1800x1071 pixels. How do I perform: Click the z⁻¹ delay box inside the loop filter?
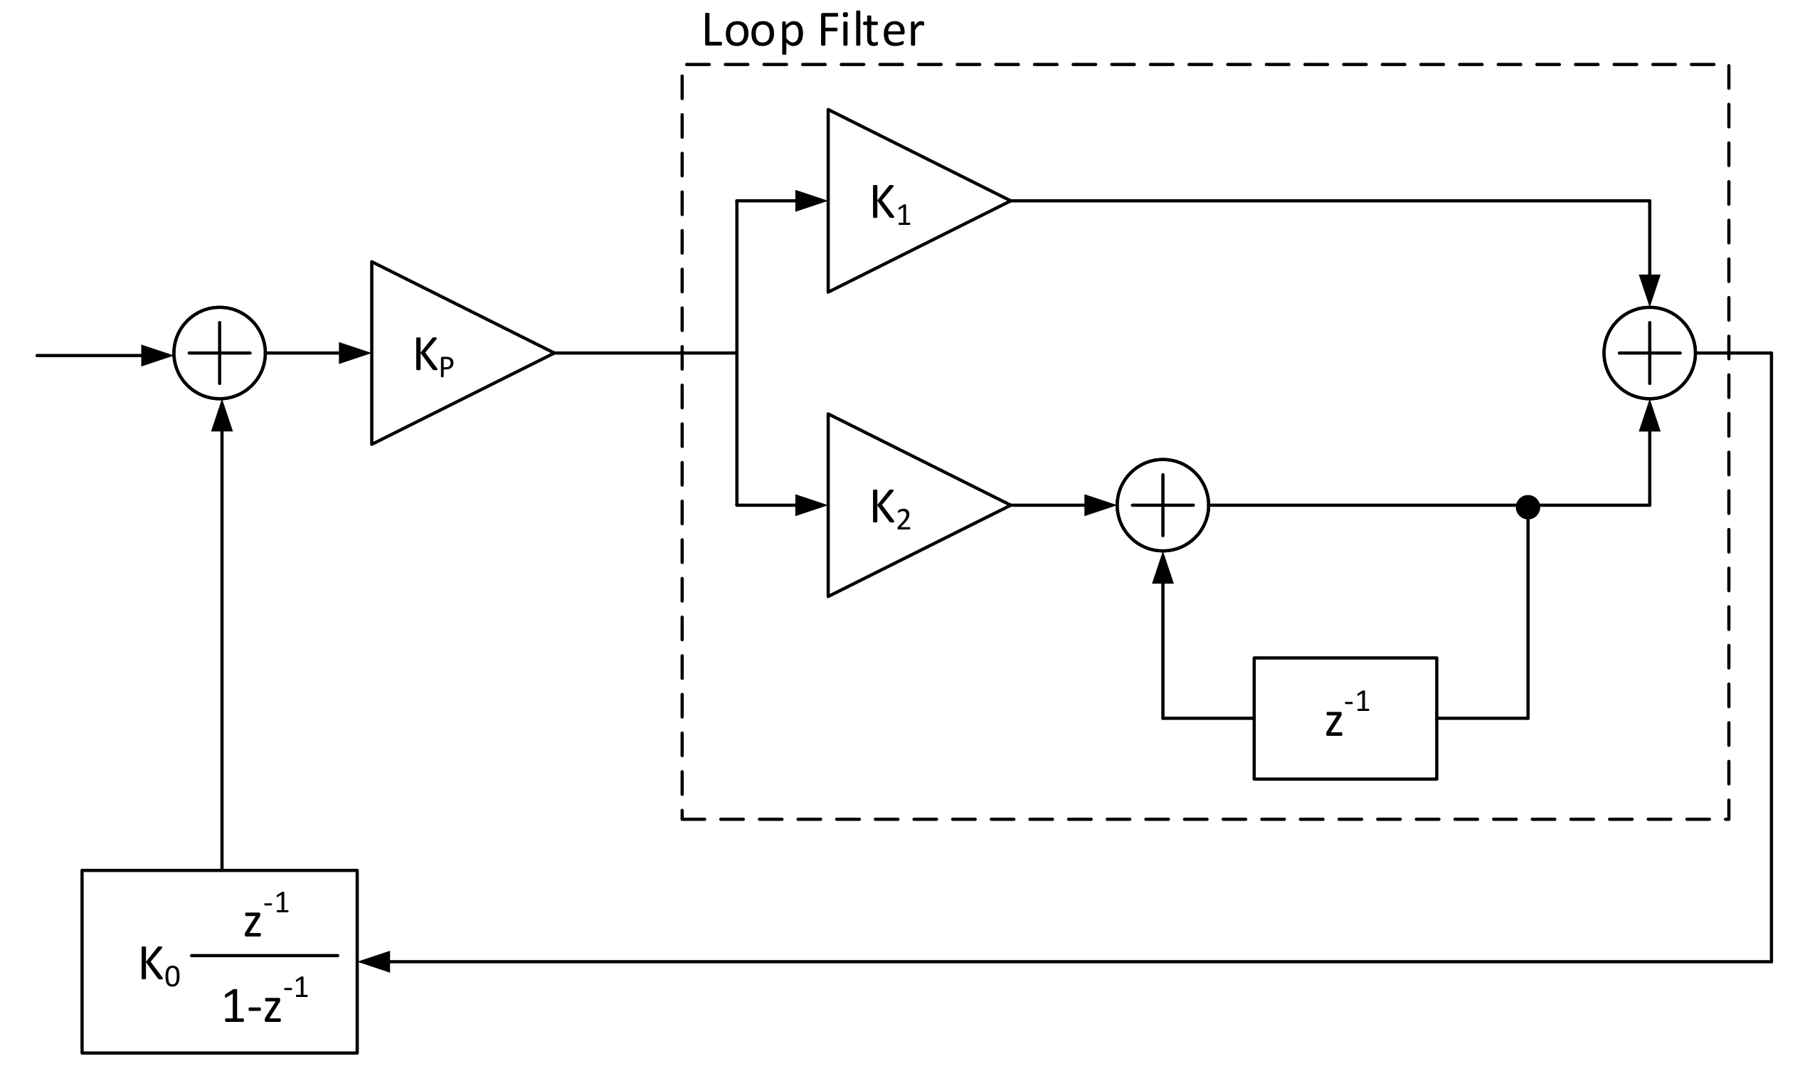click(x=1345, y=719)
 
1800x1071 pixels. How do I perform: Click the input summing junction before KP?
click(x=219, y=353)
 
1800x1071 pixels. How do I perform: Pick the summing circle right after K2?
click(x=1163, y=506)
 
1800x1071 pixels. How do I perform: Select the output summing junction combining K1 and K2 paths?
click(x=1649, y=353)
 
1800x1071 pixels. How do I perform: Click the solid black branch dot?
click(x=1528, y=507)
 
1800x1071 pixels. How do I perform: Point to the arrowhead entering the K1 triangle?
click(x=810, y=201)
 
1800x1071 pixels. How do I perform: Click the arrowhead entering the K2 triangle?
click(x=810, y=506)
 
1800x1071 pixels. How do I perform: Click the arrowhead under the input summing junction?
click(x=221, y=416)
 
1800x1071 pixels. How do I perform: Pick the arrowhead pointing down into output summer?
click(x=1649, y=290)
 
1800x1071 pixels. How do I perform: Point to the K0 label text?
click(x=159, y=964)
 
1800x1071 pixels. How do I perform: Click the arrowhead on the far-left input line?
click(x=155, y=356)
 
